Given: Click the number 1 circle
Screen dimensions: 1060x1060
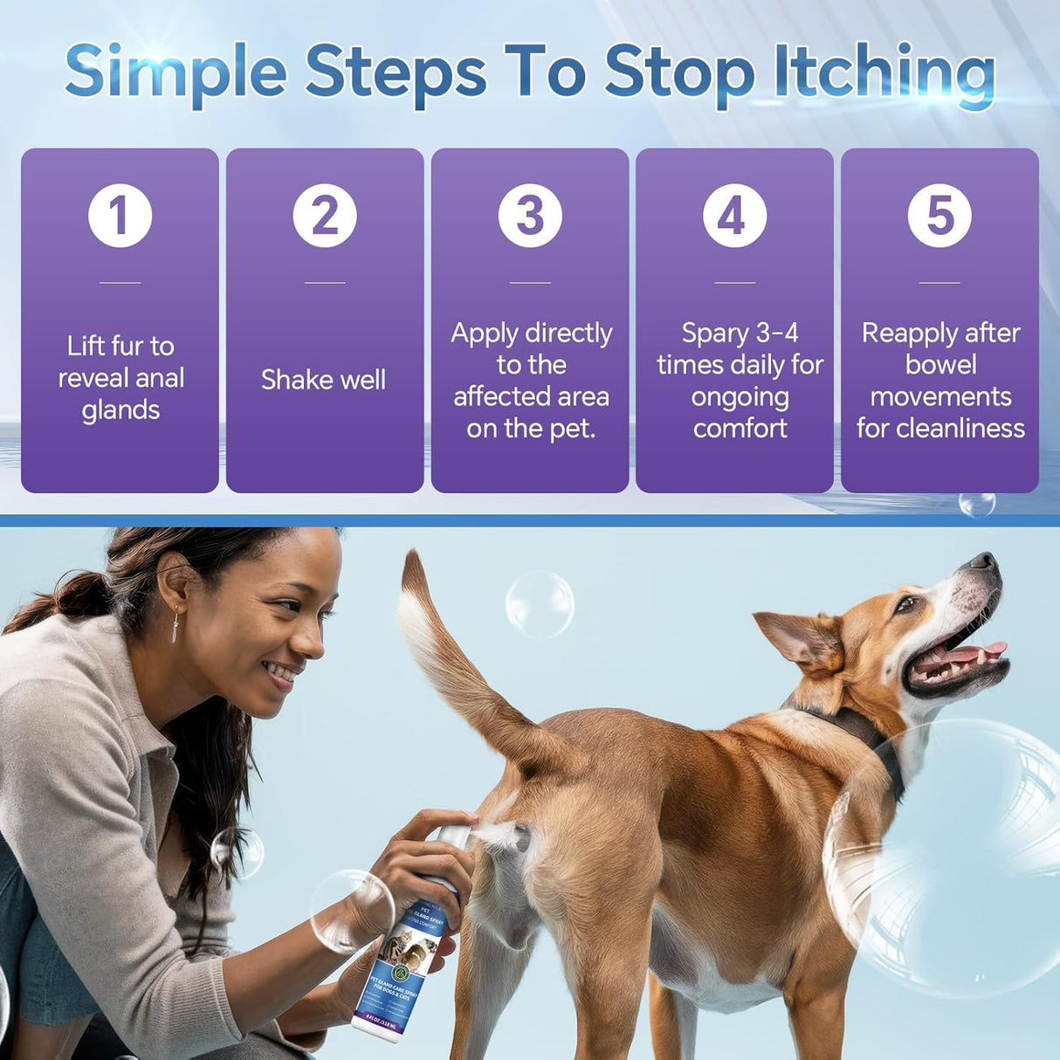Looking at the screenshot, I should tap(120, 216).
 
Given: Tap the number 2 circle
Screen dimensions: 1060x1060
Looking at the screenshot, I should tap(325, 216).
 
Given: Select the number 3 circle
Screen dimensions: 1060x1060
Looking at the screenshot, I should tap(530, 216).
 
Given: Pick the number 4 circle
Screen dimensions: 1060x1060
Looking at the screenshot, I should tap(735, 216).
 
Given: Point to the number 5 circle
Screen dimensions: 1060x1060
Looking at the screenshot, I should tap(940, 216).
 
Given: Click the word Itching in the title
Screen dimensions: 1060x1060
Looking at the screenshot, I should tap(884, 73).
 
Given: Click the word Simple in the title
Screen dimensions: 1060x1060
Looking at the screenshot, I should tap(176, 73).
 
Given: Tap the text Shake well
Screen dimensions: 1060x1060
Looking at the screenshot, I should tap(323, 380).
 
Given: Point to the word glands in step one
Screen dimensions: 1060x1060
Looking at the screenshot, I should tap(120, 410).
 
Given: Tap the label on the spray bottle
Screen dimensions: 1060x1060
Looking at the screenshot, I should tap(403, 969).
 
